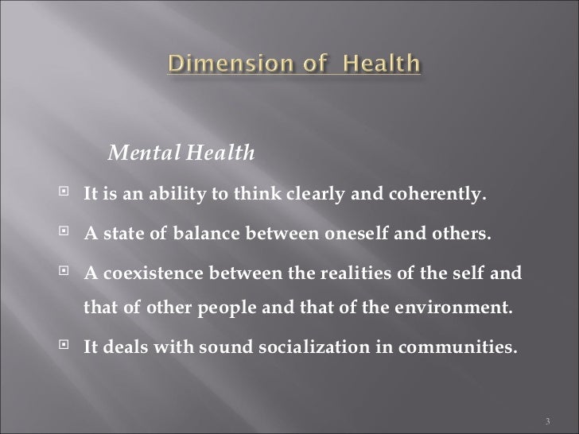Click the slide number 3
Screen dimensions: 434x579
tap(552, 420)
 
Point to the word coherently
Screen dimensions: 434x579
tap(443, 196)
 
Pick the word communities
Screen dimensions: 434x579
tap(456, 347)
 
